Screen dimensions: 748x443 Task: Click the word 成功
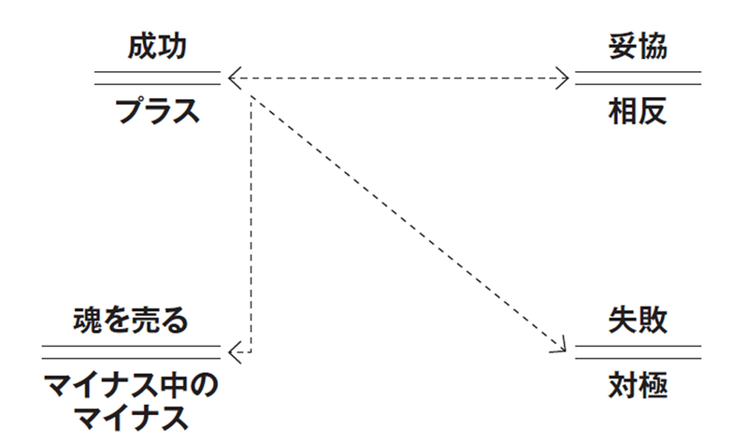pos(158,47)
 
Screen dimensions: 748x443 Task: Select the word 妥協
pos(638,47)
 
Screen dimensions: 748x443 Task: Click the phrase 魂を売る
pos(132,321)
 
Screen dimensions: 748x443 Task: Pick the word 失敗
pos(638,321)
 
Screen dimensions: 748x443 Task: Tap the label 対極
pos(638,384)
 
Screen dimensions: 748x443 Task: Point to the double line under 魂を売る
pos(132,351)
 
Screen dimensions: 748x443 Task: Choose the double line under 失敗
pos(638,351)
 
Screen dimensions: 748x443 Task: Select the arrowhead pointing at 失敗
pos(561,347)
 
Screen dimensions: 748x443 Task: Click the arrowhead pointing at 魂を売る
pos(234,351)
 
